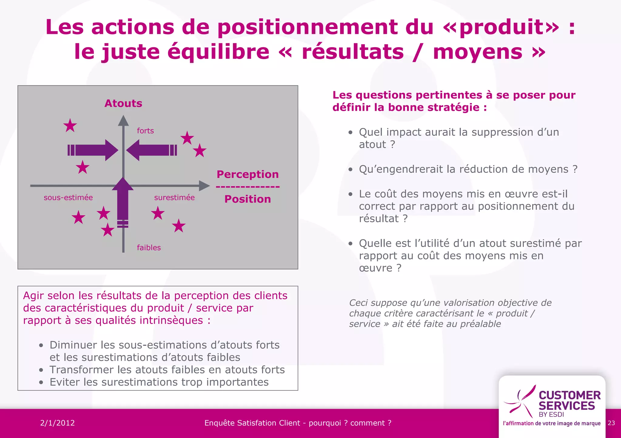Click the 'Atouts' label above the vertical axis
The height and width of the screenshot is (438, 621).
(x=123, y=104)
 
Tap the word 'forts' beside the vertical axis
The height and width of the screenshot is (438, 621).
(x=145, y=131)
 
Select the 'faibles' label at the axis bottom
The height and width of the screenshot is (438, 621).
(x=149, y=248)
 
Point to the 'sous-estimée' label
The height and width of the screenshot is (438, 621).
(x=68, y=198)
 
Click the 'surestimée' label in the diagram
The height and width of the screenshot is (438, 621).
(x=174, y=198)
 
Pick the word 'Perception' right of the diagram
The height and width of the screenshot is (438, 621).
(x=247, y=174)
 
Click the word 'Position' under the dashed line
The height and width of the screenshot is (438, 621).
(x=247, y=199)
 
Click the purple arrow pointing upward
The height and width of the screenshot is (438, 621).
(x=123, y=200)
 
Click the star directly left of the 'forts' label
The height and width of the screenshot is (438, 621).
(x=70, y=125)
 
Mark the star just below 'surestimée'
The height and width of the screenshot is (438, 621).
(x=158, y=213)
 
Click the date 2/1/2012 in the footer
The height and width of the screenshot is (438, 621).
(x=57, y=423)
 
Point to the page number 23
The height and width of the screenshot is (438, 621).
(x=611, y=423)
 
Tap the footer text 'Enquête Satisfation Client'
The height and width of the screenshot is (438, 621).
(x=252, y=423)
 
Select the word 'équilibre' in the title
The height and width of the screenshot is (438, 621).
(x=218, y=52)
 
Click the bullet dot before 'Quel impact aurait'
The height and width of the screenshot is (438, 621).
(x=351, y=133)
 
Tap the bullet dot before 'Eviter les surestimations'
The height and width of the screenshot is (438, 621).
(x=41, y=383)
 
